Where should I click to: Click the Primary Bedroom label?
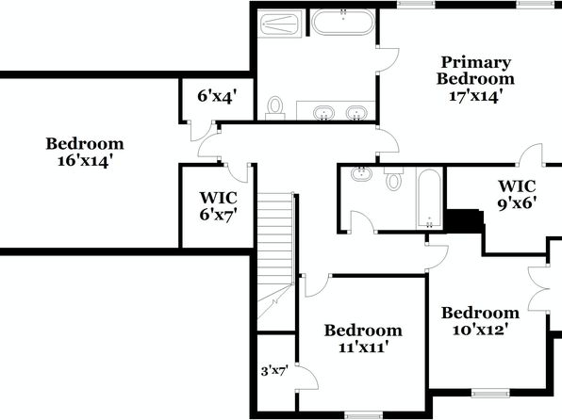coord(475,71)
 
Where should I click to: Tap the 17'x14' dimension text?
coord(473,96)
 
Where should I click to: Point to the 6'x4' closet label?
coord(217,96)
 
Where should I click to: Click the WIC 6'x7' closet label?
coord(218,206)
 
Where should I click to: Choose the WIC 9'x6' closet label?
coord(517,194)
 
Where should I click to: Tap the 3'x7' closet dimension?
coord(274,371)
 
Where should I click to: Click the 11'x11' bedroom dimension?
coord(363,347)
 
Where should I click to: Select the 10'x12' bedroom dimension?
coord(480,330)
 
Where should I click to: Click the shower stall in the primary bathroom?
coord(280,24)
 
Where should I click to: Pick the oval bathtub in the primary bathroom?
coord(343,23)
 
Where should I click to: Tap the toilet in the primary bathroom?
coord(275,108)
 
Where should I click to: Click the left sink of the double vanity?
coord(323,113)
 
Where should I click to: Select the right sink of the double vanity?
coord(356,113)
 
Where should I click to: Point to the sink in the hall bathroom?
coord(362,173)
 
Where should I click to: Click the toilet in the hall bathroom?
coord(393,178)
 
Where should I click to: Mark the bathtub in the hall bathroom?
coord(429,198)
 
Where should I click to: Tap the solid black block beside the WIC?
coord(465,221)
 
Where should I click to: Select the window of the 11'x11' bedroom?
coord(363,416)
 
